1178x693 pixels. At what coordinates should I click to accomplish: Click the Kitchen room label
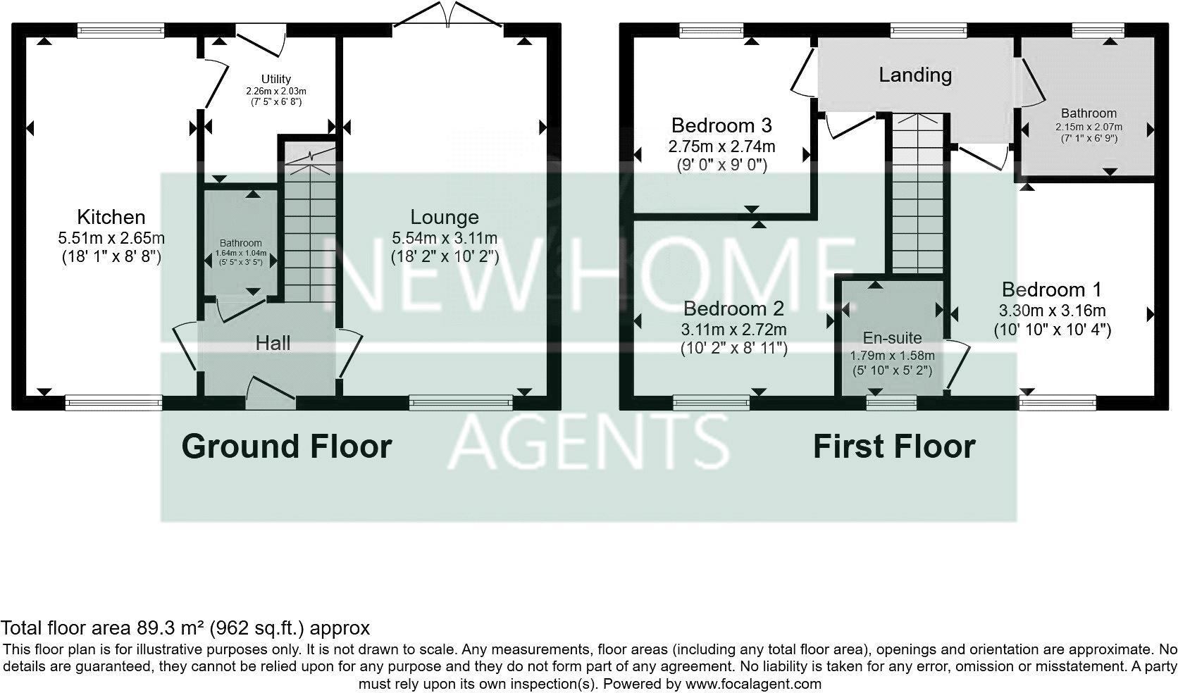click(111, 217)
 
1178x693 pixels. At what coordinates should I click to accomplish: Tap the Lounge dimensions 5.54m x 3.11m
click(445, 238)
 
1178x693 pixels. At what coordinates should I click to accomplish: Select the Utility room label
click(275, 79)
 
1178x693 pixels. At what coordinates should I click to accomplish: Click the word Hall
click(273, 343)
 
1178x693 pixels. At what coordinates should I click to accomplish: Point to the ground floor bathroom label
click(240, 243)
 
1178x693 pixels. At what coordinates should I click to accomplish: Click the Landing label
click(914, 75)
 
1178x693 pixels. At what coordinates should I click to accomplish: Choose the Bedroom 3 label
click(721, 125)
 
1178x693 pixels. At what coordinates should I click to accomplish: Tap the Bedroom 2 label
click(733, 308)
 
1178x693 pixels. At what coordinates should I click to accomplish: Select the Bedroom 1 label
click(1052, 289)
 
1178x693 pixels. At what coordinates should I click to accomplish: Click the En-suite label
click(892, 338)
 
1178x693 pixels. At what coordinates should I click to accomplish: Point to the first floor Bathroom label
click(1089, 113)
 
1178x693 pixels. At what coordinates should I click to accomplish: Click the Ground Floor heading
click(286, 447)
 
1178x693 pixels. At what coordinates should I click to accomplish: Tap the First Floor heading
click(894, 447)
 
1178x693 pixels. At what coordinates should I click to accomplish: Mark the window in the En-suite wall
click(891, 403)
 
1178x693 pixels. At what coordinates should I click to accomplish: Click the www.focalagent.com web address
click(753, 683)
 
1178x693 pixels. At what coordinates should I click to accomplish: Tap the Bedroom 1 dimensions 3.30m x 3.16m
click(1052, 311)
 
